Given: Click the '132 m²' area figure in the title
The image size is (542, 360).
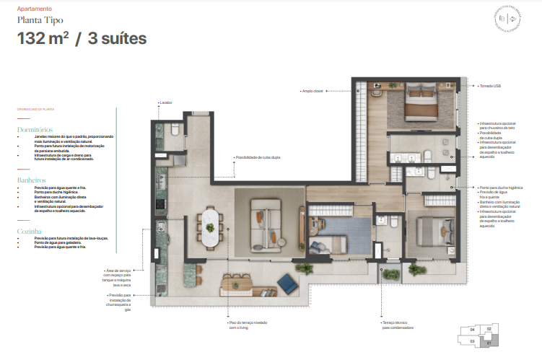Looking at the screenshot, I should (x=43, y=38).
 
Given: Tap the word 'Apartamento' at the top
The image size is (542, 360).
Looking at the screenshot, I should (x=33, y=8).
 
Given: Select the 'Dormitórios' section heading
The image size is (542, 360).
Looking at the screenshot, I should (x=35, y=130).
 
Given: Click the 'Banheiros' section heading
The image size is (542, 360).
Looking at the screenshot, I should (x=32, y=180).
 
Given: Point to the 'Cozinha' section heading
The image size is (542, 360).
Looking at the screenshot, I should (x=30, y=231).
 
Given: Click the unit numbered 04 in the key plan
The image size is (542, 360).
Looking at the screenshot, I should (x=473, y=329).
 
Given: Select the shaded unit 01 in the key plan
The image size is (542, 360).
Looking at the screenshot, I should (x=489, y=343).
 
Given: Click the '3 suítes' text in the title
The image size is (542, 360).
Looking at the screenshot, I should (x=117, y=38).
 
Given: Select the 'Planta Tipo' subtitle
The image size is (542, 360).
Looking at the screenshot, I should (x=39, y=20).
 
